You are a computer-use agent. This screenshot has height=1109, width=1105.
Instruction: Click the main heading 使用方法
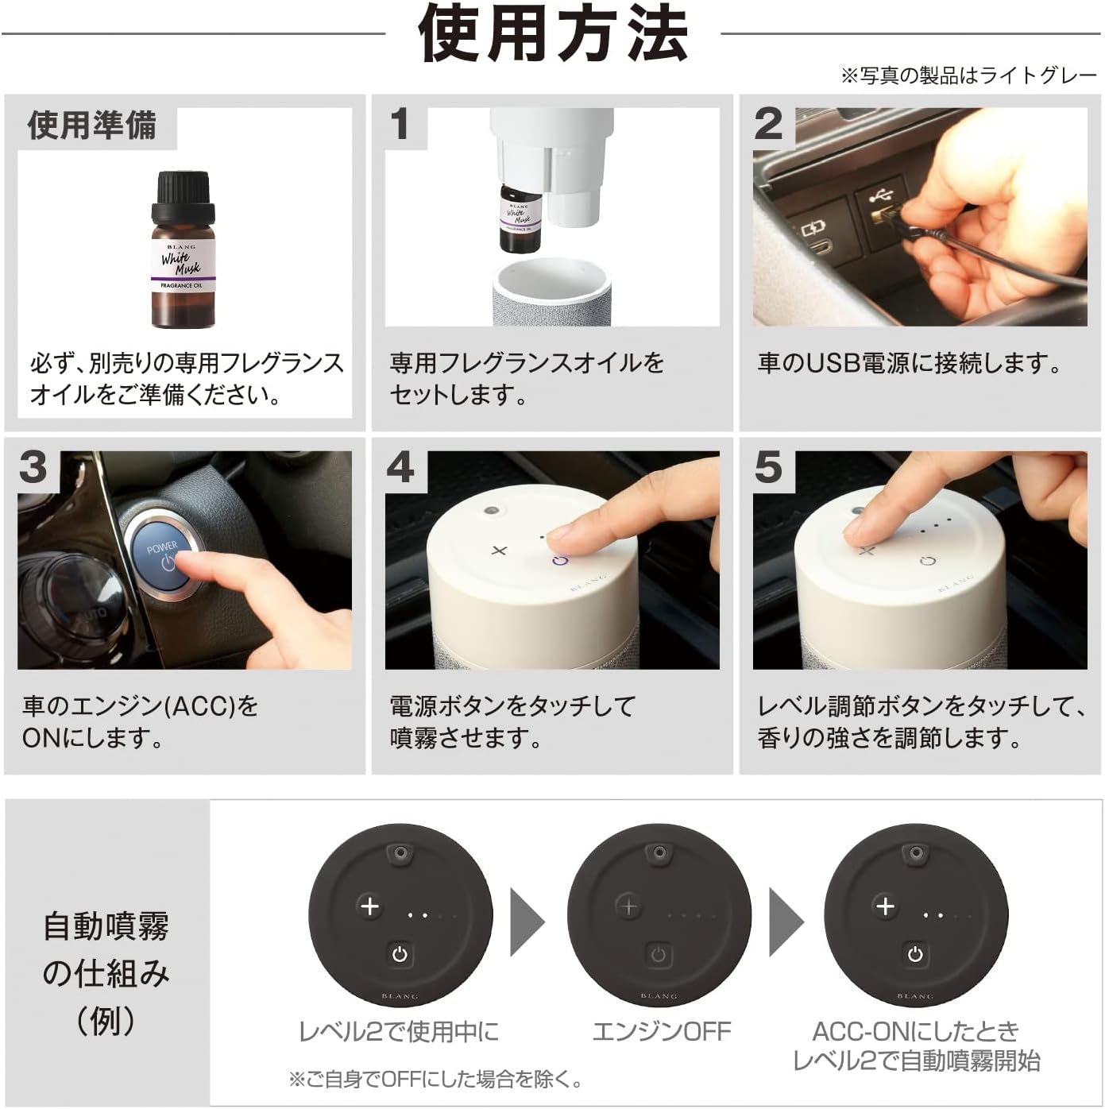tap(552, 34)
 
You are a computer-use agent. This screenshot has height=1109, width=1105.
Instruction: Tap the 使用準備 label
tap(92, 126)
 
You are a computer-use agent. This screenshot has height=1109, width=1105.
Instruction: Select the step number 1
tap(400, 125)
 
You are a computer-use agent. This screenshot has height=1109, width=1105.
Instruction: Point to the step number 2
tap(768, 125)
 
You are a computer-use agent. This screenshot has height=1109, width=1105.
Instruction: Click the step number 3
tap(33, 467)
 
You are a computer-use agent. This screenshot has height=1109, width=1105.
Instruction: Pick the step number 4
tap(400, 467)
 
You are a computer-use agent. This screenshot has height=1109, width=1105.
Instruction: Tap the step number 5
tap(768, 467)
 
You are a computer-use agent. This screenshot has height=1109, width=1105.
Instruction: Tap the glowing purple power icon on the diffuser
tap(560, 560)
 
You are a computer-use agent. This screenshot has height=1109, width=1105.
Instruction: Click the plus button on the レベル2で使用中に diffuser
tap(369, 906)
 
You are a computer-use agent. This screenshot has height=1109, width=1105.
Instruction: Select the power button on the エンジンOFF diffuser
tap(659, 954)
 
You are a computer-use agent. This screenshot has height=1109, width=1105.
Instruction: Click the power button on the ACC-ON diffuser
tap(915, 954)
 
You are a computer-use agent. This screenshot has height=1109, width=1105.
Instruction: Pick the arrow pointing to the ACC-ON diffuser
tap(785, 922)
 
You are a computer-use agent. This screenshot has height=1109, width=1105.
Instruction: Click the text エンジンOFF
tap(661, 1031)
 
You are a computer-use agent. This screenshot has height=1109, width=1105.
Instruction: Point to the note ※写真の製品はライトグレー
tap(968, 75)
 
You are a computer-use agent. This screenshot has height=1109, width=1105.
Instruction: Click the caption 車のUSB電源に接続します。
tap(909, 364)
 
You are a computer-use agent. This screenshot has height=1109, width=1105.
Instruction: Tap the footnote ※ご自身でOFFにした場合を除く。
tap(436, 1079)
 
